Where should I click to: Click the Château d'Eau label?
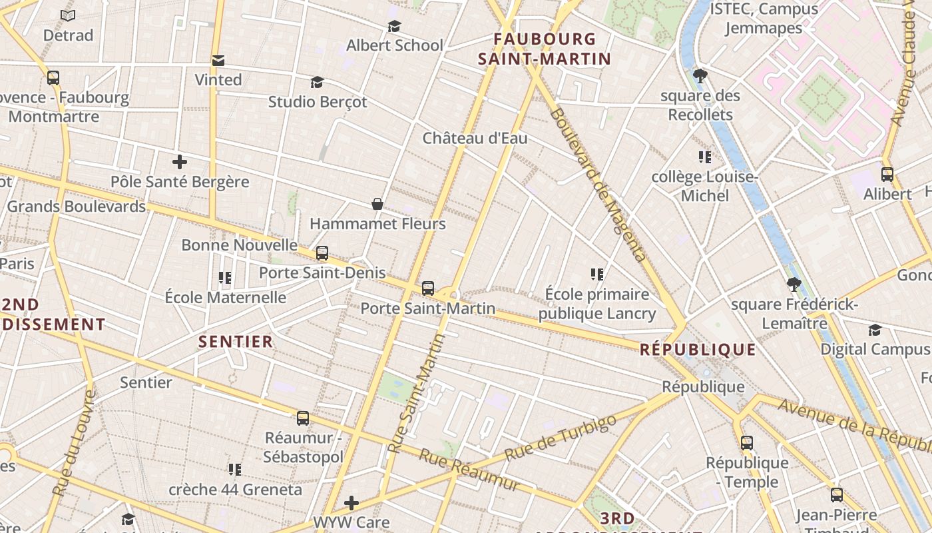point(475,138)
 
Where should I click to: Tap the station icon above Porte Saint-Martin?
point(428,288)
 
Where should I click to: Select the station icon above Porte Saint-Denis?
point(322,253)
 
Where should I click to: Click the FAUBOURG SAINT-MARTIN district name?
point(545,49)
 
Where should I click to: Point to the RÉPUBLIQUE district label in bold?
point(698,350)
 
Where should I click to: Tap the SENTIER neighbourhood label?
point(236,342)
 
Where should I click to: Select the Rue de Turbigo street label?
point(561,438)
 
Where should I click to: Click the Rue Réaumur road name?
point(469,470)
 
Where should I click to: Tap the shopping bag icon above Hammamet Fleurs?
point(377,204)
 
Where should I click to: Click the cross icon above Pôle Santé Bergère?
point(179,162)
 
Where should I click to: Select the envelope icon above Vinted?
point(218,61)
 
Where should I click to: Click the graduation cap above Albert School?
point(394,26)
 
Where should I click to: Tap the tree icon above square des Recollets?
point(700,76)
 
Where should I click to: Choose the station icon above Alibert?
point(887,175)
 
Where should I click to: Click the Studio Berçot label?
point(317,102)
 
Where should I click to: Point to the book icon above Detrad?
point(68,15)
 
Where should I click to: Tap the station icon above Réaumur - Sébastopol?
point(303,418)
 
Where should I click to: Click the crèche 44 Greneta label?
point(235,490)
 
